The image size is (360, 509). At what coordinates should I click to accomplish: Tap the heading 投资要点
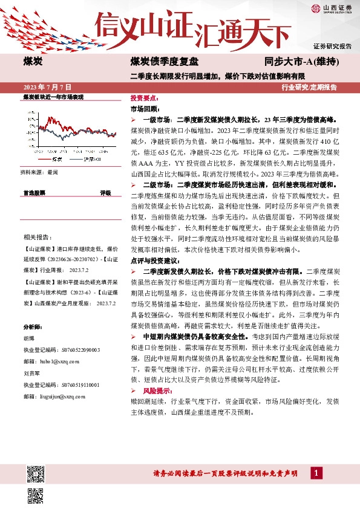145,97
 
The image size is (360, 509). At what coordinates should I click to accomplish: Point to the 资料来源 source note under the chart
40,172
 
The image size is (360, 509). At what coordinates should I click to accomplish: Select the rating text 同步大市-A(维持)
301,63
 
